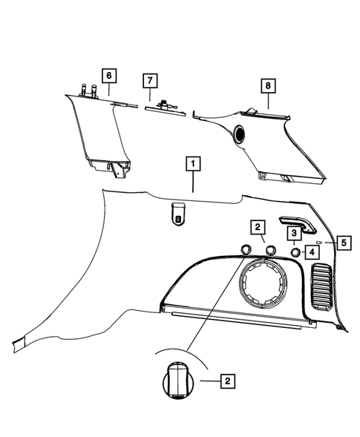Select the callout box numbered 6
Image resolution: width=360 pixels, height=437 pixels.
click(x=108, y=76)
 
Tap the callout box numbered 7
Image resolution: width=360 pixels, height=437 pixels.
click(x=149, y=79)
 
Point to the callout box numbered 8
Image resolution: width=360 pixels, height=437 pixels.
click(x=266, y=87)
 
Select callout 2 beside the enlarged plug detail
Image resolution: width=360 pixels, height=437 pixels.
click(x=228, y=381)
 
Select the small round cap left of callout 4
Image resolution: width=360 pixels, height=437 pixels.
click(x=294, y=252)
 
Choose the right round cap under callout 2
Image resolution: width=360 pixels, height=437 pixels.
click(x=270, y=250)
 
